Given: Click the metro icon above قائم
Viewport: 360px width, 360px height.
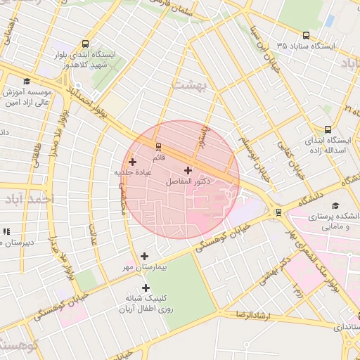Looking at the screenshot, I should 159,147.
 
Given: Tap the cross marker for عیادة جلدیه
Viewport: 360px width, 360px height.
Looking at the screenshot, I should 132,162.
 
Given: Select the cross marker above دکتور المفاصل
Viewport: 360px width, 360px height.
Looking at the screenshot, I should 188,170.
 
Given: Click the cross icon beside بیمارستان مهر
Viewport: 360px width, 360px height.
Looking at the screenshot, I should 145,257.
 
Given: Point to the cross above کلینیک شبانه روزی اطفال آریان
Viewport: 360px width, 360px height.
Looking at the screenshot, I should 146,288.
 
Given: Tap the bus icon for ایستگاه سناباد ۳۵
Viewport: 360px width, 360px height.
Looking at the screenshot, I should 306,34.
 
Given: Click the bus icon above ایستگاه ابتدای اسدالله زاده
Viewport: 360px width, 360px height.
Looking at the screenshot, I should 328,129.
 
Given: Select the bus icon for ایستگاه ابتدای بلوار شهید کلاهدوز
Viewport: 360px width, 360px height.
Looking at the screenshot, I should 85,44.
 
